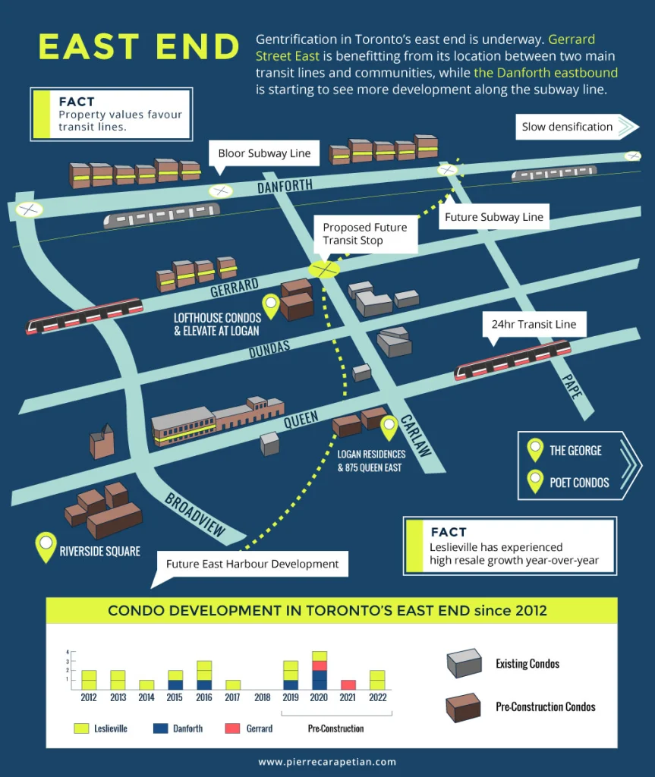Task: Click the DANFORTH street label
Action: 285,187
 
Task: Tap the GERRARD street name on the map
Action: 235,288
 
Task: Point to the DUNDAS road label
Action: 269,349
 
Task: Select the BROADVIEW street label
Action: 195,515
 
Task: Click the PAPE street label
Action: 572,386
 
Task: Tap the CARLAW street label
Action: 415,435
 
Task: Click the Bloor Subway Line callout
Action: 264,153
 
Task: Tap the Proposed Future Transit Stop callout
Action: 365,234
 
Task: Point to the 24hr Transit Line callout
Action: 534,325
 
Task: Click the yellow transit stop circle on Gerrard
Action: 324,269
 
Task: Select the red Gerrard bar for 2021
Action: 348,685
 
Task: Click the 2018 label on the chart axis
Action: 263,698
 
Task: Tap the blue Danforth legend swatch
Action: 161,728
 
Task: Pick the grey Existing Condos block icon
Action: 464,663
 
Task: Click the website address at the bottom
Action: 327,762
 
